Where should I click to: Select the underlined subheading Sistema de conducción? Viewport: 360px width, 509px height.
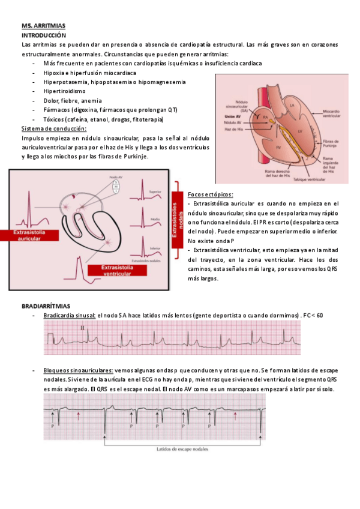tap(54, 128)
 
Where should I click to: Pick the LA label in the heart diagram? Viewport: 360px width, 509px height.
tap(292, 106)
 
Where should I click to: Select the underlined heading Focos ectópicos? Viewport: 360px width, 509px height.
tap(211, 194)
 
